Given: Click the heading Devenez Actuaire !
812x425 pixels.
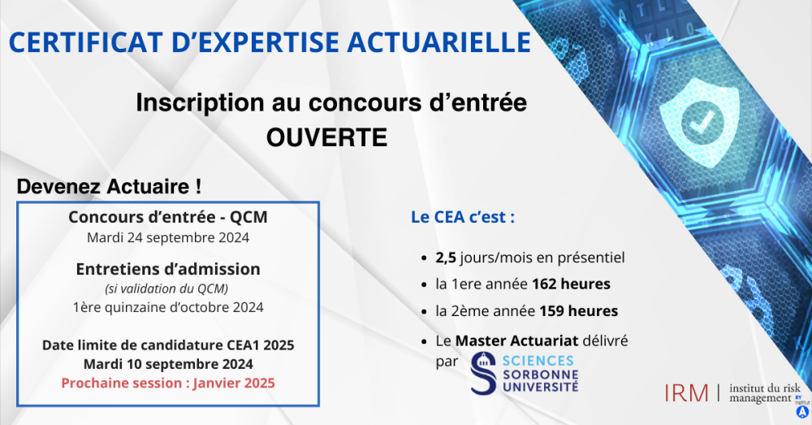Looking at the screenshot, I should coord(110,186).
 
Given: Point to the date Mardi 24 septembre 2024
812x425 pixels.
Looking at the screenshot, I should coord(168,238).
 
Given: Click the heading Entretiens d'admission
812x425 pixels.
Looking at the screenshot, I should coord(168,269).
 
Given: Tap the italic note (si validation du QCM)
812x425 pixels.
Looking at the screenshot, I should coord(168,289).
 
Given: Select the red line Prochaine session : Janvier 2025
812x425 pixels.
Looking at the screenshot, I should coord(168,383).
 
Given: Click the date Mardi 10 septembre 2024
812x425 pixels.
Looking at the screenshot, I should coord(168,364).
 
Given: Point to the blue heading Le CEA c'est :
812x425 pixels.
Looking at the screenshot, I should coord(464,219).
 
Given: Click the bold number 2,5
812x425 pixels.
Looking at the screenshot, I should coord(446,258).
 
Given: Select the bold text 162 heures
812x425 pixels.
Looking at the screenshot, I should coord(572,284).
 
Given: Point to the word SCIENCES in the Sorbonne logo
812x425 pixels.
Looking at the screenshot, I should coord(538,361).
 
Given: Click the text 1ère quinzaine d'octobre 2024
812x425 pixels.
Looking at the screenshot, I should coord(168,307).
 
